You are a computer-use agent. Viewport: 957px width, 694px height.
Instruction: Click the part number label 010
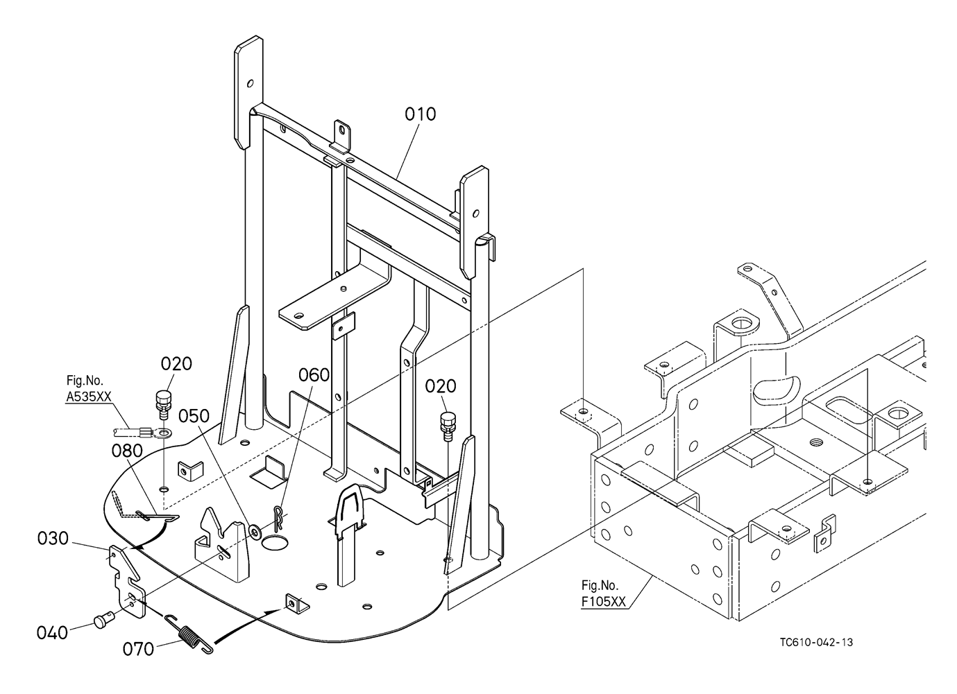(x=421, y=114)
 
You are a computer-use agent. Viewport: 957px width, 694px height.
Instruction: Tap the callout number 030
(x=53, y=538)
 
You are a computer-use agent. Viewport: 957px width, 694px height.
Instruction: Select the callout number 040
(x=52, y=632)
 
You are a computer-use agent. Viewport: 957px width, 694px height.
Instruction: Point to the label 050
(x=194, y=416)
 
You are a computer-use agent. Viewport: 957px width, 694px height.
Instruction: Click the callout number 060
(x=314, y=375)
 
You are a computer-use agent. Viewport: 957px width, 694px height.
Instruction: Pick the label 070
(x=138, y=649)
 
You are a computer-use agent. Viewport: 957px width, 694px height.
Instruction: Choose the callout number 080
(x=127, y=451)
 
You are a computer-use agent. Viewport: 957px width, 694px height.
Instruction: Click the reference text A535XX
(x=88, y=397)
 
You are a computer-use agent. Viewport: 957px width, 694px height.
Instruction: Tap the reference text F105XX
(x=603, y=601)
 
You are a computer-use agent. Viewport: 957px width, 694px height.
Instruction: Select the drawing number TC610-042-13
(x=816, y=642)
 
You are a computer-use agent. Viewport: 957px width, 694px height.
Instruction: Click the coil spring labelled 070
(x=189, y=633)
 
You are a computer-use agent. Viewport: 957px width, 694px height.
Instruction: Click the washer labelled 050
(x=256, y=531)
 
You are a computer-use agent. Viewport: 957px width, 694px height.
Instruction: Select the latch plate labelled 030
(x=126, y=580)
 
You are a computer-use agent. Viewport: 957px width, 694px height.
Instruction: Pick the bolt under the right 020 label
(x=448, y=426)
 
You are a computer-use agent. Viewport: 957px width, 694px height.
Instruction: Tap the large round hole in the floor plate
(x=276, y=543)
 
